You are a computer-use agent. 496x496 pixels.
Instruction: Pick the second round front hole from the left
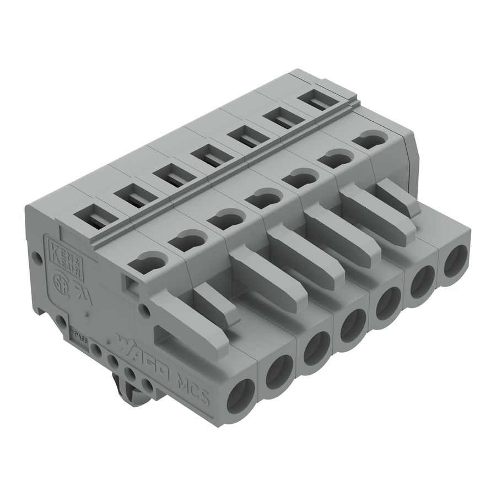pos(278,373)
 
